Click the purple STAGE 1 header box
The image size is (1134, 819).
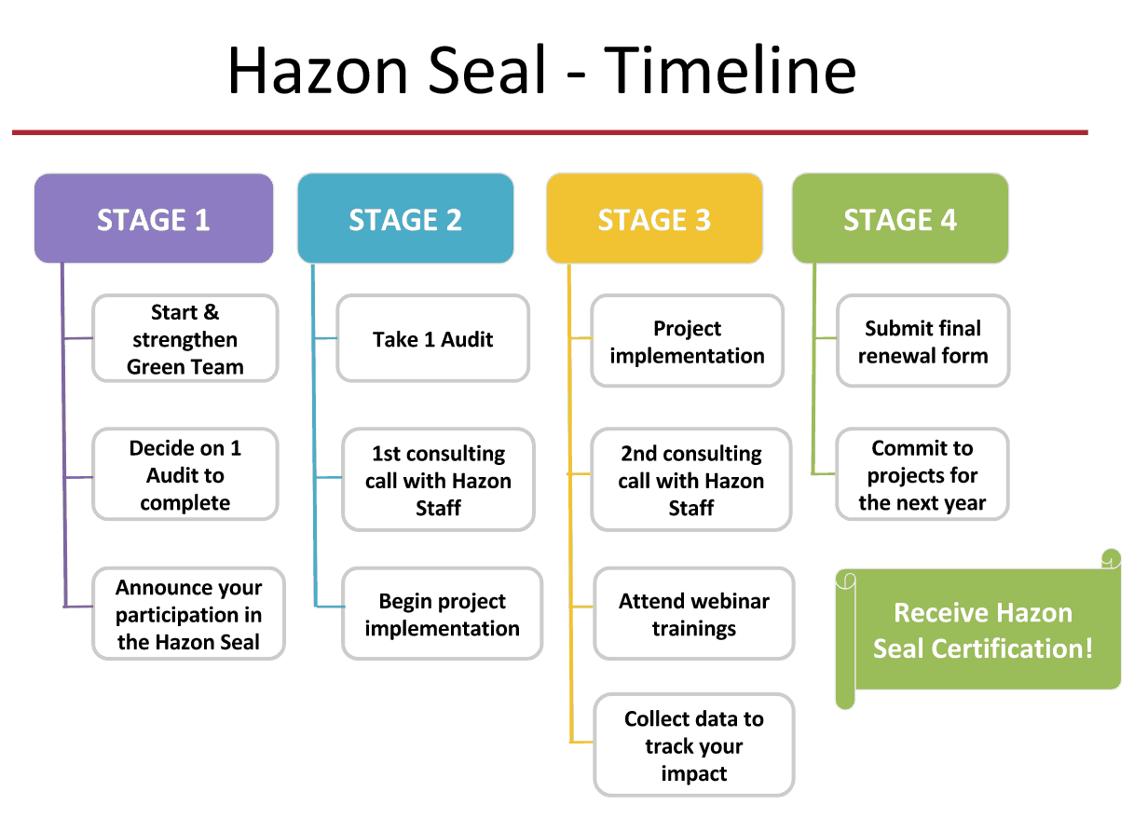pos(154,219)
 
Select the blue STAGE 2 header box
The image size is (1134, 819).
pos(406,219)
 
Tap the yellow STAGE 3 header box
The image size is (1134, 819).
pos(655,219)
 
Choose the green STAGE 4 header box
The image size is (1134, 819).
pos(901,219)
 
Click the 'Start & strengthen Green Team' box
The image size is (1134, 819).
pos(185,338)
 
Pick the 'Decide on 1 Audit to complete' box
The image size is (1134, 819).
pos(185,475)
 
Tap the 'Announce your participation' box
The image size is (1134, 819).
pos(189,614)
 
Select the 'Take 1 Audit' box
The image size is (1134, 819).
pos(433,338)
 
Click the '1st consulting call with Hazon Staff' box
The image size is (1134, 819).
pos(439,480)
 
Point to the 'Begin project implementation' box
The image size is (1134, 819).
pos(443,614)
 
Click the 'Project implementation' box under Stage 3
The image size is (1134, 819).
pos(688,341)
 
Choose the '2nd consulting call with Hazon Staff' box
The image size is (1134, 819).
pos(691,480)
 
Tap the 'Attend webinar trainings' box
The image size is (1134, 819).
pos(694,614)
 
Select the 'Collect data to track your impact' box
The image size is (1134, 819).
pos(694,745)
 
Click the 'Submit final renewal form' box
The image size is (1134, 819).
pos(923,341)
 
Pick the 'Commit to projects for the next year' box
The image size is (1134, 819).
pos(922,475)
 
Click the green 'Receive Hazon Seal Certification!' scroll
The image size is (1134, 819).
pos(978,629)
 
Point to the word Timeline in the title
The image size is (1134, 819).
pos(730,70)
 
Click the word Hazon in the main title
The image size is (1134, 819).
pos(318,70)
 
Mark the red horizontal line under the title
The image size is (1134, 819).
pos(551,132)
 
